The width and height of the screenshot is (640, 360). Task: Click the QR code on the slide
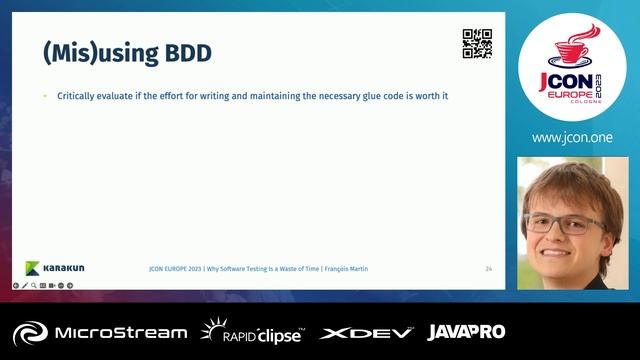477,44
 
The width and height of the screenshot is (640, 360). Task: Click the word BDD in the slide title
187,53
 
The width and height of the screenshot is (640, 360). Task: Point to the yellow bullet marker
45,96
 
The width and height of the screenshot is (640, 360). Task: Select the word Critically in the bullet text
77,96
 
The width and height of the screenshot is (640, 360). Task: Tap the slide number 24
488,269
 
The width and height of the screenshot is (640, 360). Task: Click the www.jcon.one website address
571,138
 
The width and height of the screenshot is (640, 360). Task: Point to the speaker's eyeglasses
564,223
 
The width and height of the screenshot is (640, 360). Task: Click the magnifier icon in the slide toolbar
34,285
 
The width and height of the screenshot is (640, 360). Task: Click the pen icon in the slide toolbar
24,285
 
